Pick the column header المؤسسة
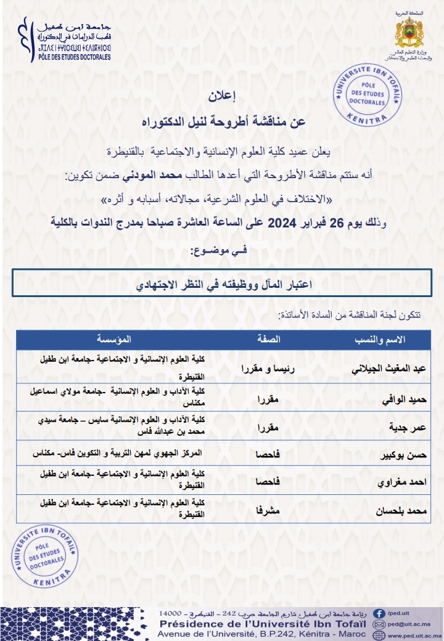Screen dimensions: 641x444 tap(113, 340)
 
